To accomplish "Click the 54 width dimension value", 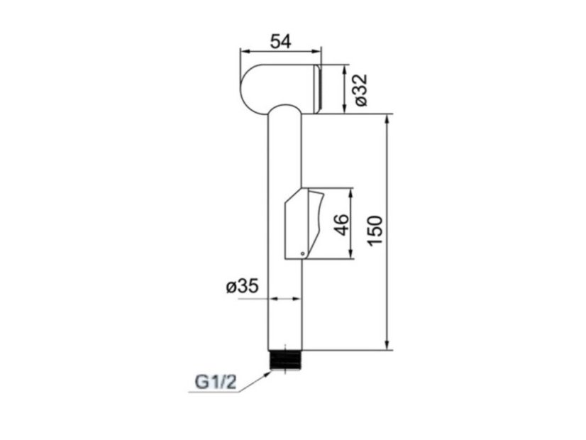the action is click(281, 41).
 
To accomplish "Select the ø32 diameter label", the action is click(361, 90).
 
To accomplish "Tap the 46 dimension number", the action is click(343, 225).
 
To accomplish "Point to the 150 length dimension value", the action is click(375, 231).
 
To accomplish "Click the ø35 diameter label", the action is click(243, 287).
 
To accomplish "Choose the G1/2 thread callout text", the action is click(216, 383).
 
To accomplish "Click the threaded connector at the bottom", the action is click(284, 361).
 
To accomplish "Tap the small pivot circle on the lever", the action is click(302, 254).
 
